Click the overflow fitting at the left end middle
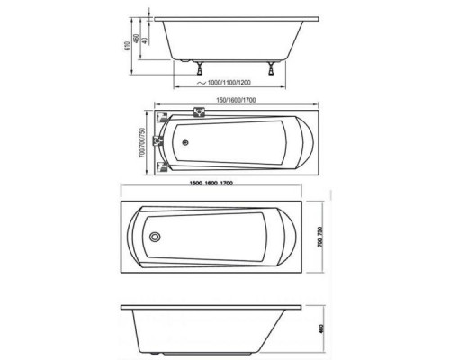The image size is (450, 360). click(x=157, y=141)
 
